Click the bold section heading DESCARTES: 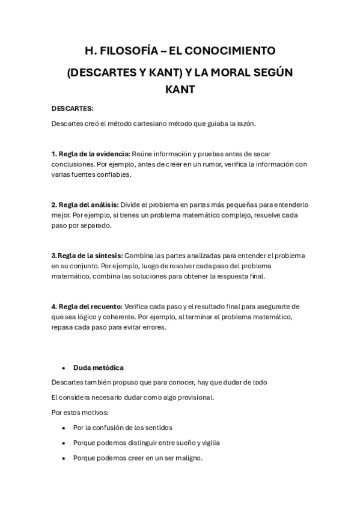[72, 109]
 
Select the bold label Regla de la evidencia [94, 154]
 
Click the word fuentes [81, 174]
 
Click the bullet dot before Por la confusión [63, 428]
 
